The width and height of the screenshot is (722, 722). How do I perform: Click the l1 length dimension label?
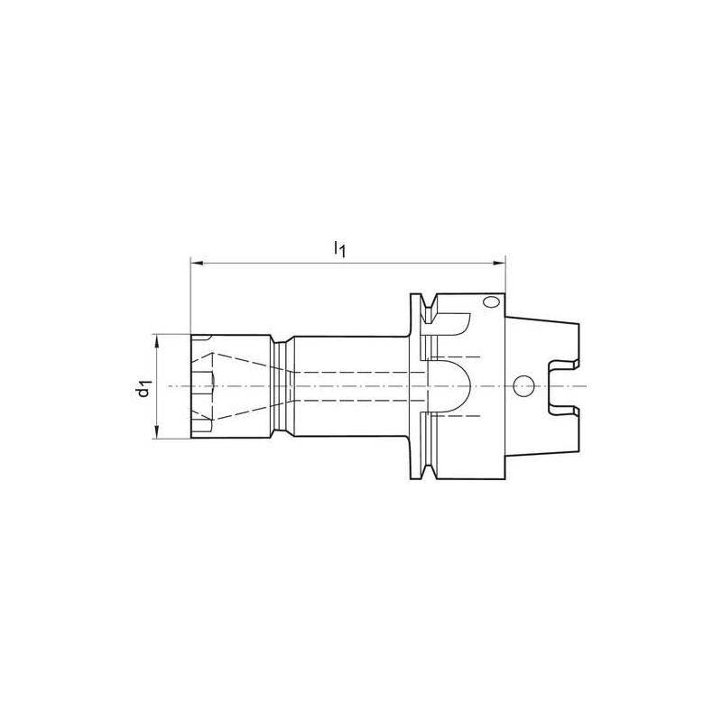pos(339,248)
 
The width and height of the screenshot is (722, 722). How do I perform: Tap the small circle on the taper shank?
pos(522,386)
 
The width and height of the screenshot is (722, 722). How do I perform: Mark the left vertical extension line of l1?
pos(190,298)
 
